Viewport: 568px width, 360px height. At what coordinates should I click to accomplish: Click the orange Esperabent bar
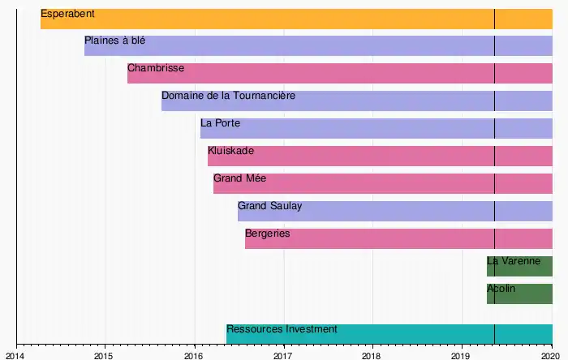coord(296,19)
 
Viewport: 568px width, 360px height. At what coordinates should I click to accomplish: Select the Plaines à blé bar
coord(318,46)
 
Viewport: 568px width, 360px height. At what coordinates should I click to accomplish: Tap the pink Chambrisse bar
coord(339,74)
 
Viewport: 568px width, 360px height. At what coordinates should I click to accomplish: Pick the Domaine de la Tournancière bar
coord(356,101)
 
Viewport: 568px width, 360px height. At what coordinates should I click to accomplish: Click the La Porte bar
coord(376,129)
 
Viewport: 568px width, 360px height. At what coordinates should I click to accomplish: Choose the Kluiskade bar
coord(380,156)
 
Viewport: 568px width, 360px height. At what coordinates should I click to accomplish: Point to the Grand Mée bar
coord(382,184)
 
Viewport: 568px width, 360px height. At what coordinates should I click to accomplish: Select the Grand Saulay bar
coord(394,212)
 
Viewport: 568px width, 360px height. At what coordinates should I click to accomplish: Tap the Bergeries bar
coord(398,239)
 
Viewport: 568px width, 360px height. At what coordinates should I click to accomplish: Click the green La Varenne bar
coord(519,267)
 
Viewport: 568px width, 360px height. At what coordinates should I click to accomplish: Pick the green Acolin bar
coord(519,294)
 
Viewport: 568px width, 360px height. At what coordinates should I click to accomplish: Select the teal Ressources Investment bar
coord(389,333)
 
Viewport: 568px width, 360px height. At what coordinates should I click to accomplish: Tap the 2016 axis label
coord(194,355)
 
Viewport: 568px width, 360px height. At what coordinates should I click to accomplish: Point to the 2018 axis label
coord(372,355)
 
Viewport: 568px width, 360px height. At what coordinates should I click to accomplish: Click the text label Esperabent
coord(68,14)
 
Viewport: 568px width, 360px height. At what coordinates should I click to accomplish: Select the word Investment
coord(312,329)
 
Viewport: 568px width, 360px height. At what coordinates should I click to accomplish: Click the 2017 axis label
coord(283,355)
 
